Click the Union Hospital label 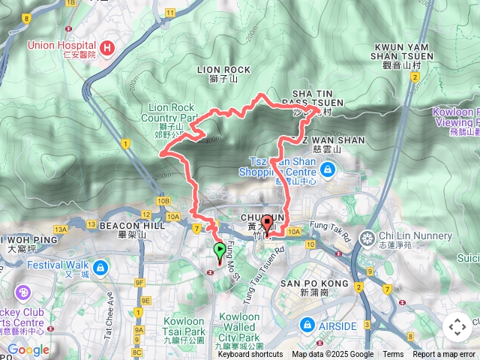[61, 45]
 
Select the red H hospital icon [107, 49]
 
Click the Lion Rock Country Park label [172, 112]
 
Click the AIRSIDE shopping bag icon [307, 324]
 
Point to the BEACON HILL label [121, 225]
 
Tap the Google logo [28, 349]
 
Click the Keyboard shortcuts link [250, 355]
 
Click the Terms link [393, 355]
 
